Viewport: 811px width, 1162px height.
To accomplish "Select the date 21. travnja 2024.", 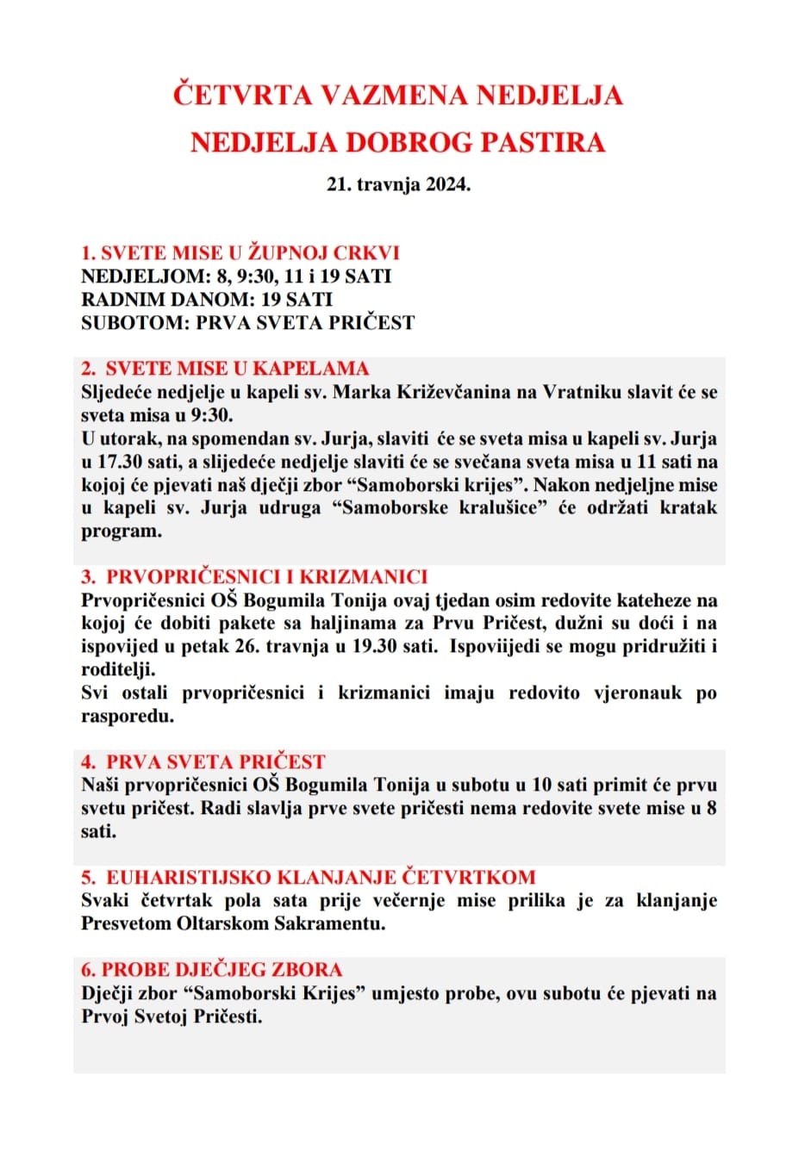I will (398, 184).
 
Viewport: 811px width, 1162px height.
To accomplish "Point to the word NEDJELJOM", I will (145, 277).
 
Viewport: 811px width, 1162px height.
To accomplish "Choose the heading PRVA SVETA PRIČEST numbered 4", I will (215, 762).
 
